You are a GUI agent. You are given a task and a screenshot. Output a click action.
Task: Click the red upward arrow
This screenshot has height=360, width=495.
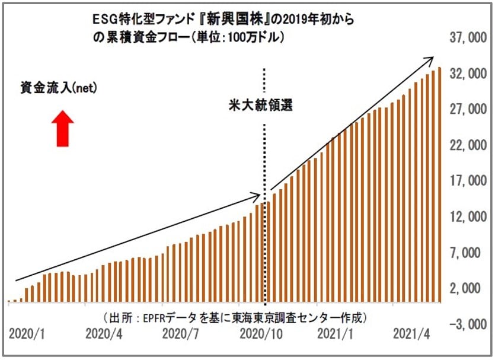pos(63,129)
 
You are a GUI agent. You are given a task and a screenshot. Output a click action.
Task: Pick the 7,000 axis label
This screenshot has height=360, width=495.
pos(468,253)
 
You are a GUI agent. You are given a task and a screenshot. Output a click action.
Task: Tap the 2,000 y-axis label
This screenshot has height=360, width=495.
pos(468,288)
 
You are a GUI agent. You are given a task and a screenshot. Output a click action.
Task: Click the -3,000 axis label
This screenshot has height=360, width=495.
pos(465,324)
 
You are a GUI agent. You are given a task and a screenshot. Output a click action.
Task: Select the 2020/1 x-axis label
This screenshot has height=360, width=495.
pos(27,334)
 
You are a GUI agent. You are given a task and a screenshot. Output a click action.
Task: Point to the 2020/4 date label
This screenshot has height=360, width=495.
pos(104,334)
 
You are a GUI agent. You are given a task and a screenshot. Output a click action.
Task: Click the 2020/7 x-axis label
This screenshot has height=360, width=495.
pos(180,334)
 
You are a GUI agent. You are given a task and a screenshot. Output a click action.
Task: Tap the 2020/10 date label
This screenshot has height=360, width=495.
pos(261,334)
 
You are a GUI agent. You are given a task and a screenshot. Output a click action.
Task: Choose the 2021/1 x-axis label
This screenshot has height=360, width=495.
pos(335,334)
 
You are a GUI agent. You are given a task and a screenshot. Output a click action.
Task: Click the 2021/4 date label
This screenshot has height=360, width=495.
pos(411,334)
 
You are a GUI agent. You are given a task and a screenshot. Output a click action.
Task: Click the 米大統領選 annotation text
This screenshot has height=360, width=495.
pos(261,106)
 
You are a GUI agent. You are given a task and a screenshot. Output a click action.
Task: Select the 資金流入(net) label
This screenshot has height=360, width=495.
pos(59,88)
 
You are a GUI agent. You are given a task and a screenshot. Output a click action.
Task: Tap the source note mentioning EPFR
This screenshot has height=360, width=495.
pos(235,318)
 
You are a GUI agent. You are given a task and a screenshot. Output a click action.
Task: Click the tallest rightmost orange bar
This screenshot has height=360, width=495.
pos(439,185)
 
